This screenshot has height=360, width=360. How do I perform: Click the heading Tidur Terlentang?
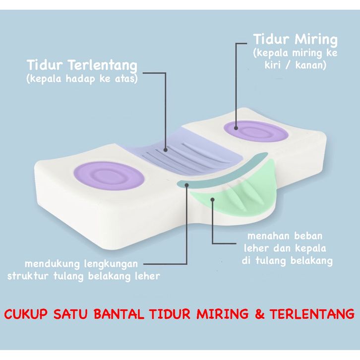(82, 65)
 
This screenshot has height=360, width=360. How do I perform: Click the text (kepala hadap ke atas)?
(82, 79)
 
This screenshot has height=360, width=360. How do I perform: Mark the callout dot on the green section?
(212, 200)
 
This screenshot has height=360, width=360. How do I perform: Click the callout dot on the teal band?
(187, 184)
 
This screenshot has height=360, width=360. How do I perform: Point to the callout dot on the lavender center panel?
(166, 148)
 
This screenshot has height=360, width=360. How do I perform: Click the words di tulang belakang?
(287, 260)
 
